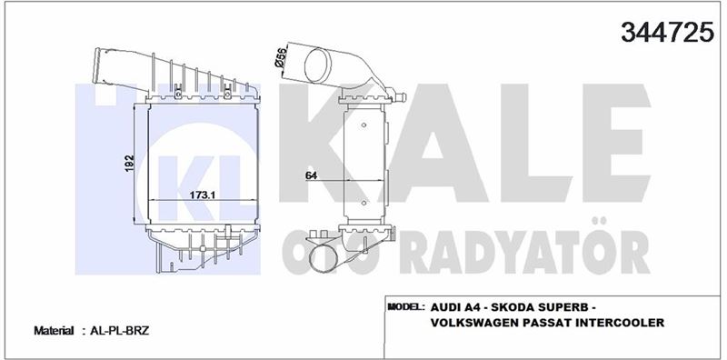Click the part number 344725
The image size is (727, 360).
667,33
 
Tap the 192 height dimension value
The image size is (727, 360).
130,164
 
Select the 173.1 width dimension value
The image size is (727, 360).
202,195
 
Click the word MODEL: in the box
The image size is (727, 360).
405,306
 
